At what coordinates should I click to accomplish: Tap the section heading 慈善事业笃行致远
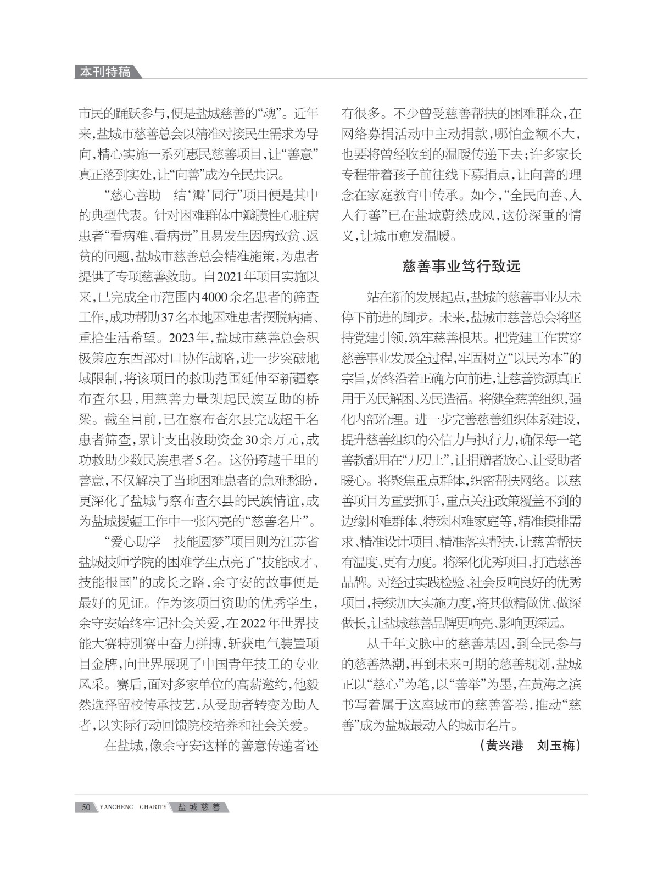[x=461, y=268]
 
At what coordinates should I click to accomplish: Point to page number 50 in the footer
[x=86, y=807]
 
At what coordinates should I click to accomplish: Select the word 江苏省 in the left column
[x=300, y=541]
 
